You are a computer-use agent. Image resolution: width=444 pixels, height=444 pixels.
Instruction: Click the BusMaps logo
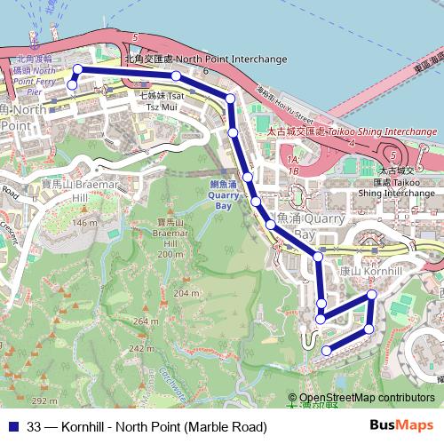(x=400, y=425)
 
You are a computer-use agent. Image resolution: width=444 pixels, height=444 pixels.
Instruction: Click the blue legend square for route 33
(x=12, y=426)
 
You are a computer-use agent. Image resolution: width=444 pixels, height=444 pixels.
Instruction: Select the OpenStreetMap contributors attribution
(x=365, y=399)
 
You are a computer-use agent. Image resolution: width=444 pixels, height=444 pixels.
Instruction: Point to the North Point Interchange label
(x=206, y=59)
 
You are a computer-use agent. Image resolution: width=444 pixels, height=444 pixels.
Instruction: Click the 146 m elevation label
(x=85, y=222)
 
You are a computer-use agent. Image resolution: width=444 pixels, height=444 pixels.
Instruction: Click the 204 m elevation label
(x=186, y=293)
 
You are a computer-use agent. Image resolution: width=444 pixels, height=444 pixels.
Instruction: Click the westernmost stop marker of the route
(x=72, y=84)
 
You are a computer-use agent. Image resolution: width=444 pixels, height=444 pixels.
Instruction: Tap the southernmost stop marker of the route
(x=327, y=351)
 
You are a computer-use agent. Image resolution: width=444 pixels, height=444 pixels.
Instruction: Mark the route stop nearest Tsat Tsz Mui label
(x=176, y=75)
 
